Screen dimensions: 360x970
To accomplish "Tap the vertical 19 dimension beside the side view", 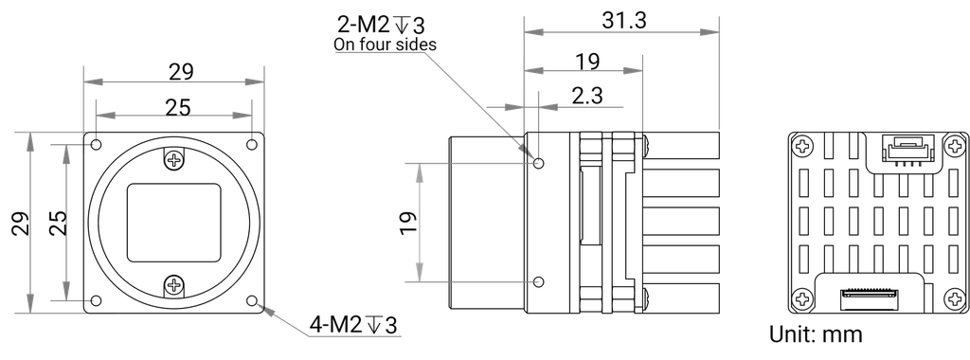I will pos(407,222).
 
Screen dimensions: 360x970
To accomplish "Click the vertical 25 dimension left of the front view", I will pos(56,222).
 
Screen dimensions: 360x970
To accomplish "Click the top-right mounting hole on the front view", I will pos(252,143).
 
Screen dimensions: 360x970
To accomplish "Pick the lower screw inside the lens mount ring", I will pos(172,287).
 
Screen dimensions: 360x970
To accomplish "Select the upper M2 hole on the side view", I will pos(538,163).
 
